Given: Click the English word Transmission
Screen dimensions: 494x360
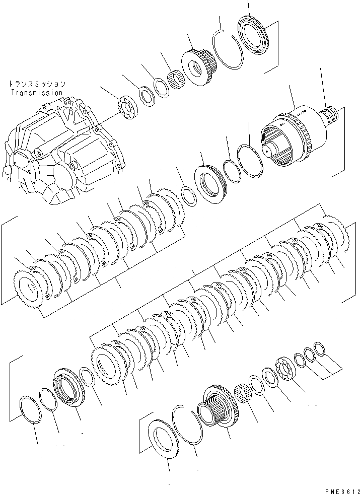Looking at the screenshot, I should click(36, 93).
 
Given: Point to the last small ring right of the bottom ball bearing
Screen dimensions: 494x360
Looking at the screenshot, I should click(320, 348).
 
